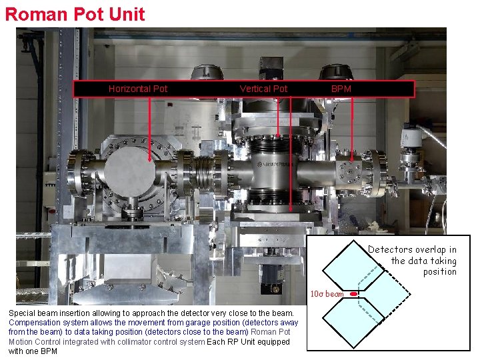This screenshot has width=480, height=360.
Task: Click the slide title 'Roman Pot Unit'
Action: (x=75, y=14)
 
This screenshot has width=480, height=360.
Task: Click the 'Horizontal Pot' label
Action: (x=138, y=89)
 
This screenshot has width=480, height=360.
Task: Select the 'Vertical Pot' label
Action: (x=263, y=89)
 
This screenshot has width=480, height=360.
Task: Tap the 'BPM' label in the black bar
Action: (x=341, y=89)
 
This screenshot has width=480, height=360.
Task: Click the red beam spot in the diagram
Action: (x=353, y=293)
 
